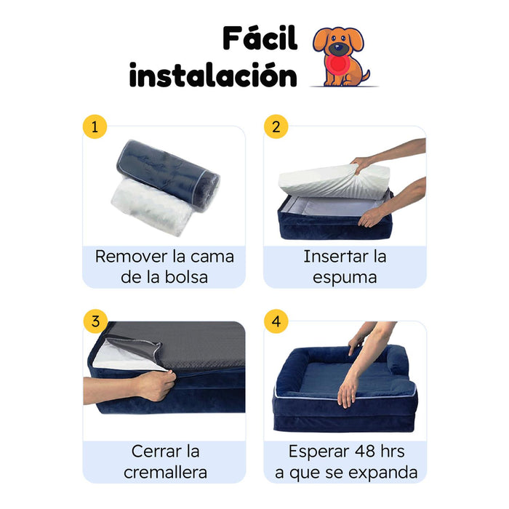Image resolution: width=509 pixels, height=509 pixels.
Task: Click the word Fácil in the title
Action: click(x=260, y=38)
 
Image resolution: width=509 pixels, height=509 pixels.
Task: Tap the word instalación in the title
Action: click(x=213, y=76)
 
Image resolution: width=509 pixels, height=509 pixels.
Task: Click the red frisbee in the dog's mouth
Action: click(x=337, y=63)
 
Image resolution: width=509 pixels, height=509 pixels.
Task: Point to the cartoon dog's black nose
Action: click(x=338, y=48)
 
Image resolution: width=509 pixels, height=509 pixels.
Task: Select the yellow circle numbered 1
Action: click(x=95, y=127)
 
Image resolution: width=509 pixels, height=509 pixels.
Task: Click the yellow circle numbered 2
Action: click(x=276, y=127)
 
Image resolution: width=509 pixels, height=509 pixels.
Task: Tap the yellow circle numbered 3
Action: click(x=95, y=321)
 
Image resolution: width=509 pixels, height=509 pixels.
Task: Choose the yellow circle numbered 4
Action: click(x=276, y=321)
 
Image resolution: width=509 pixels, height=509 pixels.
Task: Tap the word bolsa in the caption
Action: click(x=186, y=277)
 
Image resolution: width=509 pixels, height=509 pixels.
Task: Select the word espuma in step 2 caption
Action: click(x=345, y=278)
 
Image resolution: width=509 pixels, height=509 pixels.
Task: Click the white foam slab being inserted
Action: click(x=334, y=181)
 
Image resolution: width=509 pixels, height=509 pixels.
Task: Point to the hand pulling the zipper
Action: click(x=156, y=385)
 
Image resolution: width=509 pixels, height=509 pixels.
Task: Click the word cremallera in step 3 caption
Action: click(x=165, y=473)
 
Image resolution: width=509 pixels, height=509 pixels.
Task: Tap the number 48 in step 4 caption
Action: click(x=364, y=452)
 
